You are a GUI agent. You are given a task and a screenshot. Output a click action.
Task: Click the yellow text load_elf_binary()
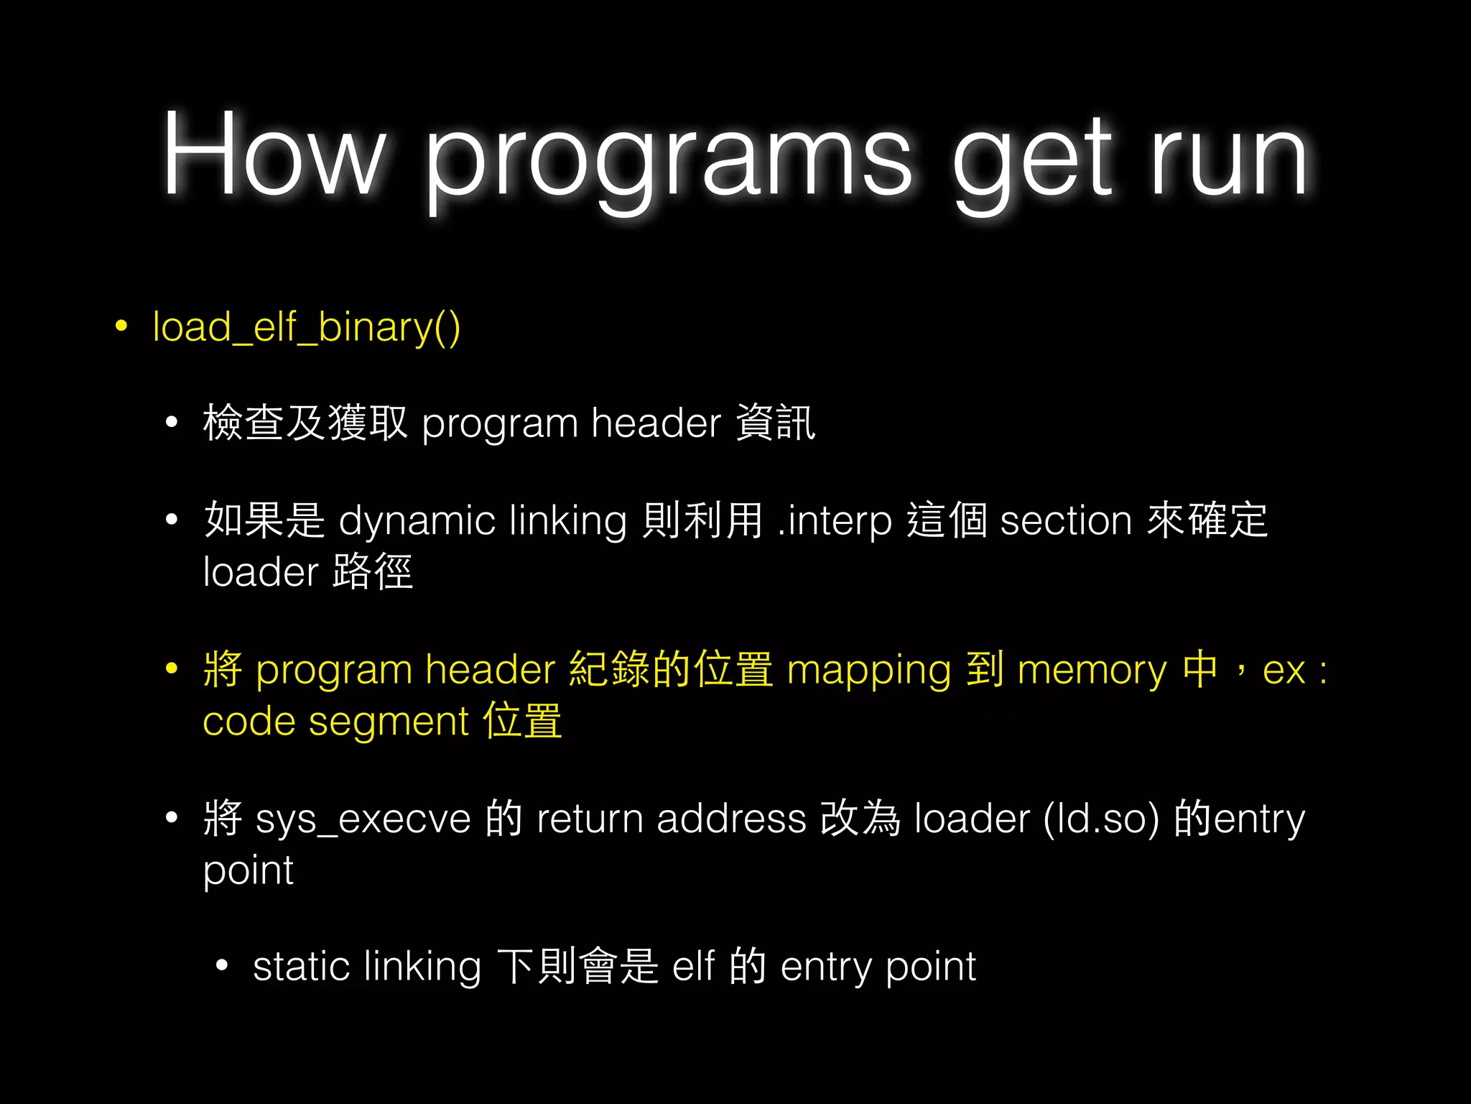pyautogui.click(x=307, y=328)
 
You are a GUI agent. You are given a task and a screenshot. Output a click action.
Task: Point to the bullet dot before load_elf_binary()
pyautogui.click(x=121, y=326)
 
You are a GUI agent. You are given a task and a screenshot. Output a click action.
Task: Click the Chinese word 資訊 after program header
pyautogui.click(x=776, y=423)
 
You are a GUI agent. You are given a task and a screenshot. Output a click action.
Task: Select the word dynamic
pyautogui.click(x=417, y=520)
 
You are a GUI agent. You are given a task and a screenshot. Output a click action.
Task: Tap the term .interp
pyautogui.click(x=835, y=520)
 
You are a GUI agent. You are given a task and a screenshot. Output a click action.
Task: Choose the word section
pyautogui.click(x=1066, y=520)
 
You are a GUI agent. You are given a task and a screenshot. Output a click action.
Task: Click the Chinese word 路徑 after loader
pyautogui.click(x=373, y=572)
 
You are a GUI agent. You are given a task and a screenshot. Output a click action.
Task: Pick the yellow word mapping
pyautogui.click(x=869, y=671)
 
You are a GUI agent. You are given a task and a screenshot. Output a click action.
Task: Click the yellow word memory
pyautogui.click(x=1092, y=671)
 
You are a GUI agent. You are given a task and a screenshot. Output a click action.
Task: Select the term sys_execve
pyautogui.click(x=363, y=819)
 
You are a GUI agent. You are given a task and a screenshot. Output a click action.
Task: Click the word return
pyautogui.click(x=590, y=819)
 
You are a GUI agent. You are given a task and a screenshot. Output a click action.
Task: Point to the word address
pyautogui.click(x=731, y=819)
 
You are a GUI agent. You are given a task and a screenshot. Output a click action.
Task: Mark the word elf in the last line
pyautogui.click(x=693, y=967)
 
